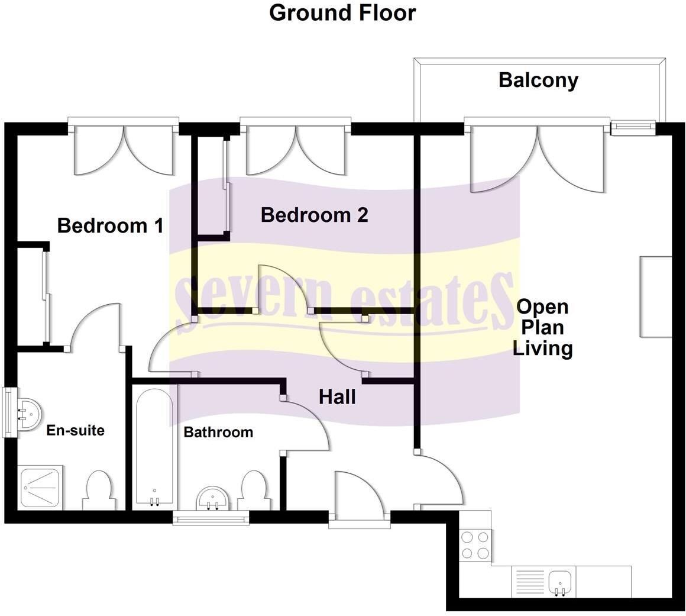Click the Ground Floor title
point(342,12)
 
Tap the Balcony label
point(538,80)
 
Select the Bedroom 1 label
point(110,225)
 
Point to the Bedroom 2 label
point(314,215)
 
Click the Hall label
point(337,396)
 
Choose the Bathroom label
point(218,432)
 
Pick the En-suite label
point(75,430)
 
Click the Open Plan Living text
point(542,327)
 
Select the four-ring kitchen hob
point(475,545)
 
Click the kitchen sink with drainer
point(544,581)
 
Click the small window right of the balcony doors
point(633,127)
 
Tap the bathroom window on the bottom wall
point(211,519)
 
